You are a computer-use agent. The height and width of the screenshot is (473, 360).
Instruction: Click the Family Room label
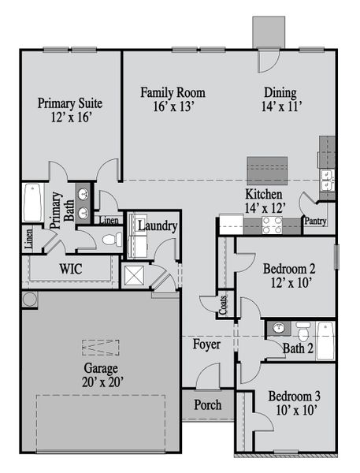(x=173, y=92)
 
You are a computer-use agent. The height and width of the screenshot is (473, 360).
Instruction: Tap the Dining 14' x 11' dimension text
(x=282, y=106)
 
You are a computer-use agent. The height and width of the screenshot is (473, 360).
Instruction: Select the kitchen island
(x=267, y=170)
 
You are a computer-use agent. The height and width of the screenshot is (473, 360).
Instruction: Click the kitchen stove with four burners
(x=273, y=225)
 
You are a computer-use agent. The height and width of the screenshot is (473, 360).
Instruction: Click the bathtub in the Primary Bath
(x=32, y=203)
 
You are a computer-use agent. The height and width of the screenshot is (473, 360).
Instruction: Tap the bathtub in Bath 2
(x=325, y=341)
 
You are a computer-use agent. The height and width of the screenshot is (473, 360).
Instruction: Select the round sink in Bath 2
(x=279, y=328)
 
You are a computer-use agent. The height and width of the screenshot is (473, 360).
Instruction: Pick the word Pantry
(x=316, y=221)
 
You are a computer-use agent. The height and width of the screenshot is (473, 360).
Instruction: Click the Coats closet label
(x=223, y=305)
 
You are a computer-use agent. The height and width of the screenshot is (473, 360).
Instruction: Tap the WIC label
(x=71, y=269)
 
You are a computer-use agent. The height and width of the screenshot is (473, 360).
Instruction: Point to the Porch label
(x=208, y=404)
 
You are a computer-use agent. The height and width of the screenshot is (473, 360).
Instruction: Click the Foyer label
(x=206, y=345)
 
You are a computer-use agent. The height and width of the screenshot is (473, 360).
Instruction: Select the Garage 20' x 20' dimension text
(x=103, y=382)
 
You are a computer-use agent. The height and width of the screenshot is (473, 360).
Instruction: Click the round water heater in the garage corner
(x=30, y=300)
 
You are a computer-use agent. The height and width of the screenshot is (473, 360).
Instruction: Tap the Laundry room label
(x=158, y=226)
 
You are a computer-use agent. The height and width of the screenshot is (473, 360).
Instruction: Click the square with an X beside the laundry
(x=135, y=275)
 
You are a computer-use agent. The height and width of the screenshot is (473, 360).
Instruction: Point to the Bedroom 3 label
(x=295, y=396)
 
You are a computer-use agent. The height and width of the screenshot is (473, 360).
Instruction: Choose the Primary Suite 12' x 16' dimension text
(x=71, y=117)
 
